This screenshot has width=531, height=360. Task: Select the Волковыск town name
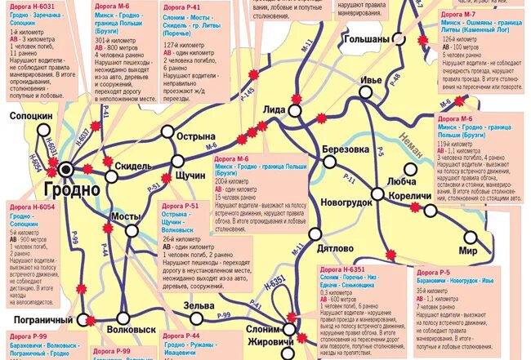coord(132,331)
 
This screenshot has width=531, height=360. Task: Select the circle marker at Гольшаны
coord(398,37)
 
